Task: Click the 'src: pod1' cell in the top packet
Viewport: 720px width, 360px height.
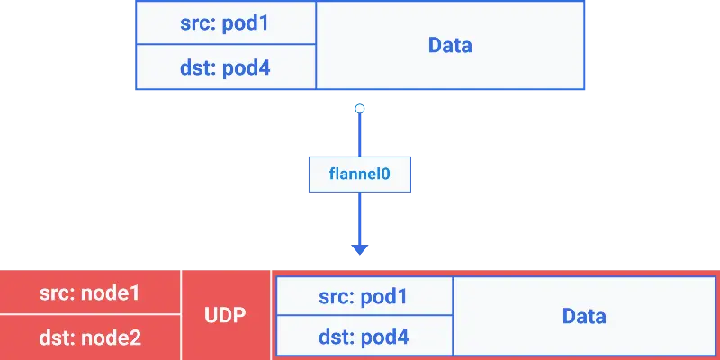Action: click(225, 22)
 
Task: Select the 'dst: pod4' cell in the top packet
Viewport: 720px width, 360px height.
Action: click(225, 67)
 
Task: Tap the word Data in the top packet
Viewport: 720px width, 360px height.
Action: click(450, 45)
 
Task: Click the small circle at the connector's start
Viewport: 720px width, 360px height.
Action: click(360, 109)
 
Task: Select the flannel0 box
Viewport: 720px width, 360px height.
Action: click(360, 174)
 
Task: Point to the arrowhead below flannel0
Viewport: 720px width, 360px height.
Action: click(360, 249)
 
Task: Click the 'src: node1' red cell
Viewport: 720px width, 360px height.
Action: click(90, 292)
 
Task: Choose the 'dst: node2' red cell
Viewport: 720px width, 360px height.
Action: click(90, 337)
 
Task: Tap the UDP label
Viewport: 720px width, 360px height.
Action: click(226, 316)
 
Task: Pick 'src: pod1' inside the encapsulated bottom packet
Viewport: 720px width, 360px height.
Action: click(364, 296)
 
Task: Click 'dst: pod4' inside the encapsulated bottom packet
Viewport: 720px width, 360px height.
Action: click(364, 337)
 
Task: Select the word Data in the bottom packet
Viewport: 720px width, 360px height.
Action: click(584, 316)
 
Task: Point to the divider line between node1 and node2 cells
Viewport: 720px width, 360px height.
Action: click(90, 315)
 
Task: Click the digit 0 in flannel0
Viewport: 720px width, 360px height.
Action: click(385, 174)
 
